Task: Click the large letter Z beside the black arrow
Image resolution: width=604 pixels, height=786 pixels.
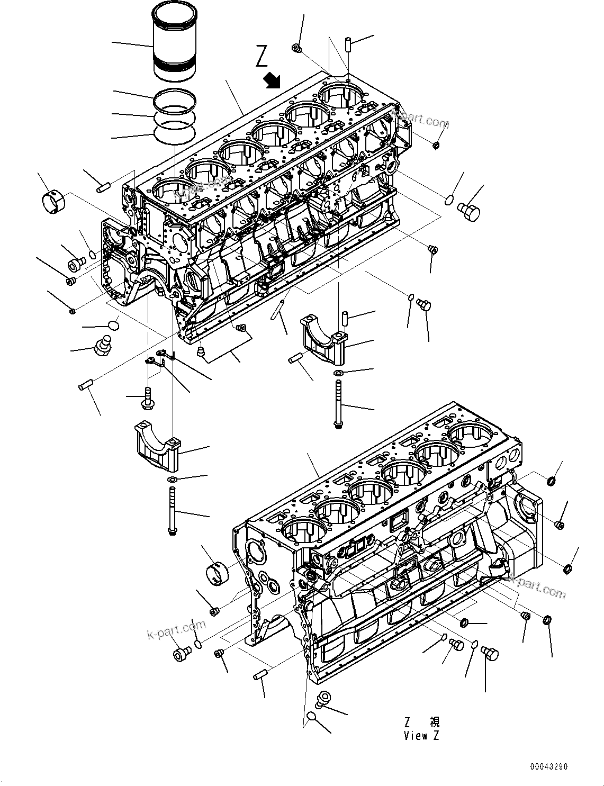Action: click(262, 57)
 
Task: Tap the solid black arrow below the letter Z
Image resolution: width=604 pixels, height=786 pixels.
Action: click(273, 80)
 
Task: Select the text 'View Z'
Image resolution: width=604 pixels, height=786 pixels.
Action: click(421, 735)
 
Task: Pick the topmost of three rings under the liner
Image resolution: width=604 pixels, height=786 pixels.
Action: click(175, 98)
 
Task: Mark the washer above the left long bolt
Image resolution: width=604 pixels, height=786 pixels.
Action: click(172, 480)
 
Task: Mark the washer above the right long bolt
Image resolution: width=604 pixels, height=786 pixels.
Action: click(338, 374)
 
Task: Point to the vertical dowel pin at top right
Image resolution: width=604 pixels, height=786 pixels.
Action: click(349, 43)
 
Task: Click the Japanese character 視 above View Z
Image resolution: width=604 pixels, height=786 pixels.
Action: click(434, 722)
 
